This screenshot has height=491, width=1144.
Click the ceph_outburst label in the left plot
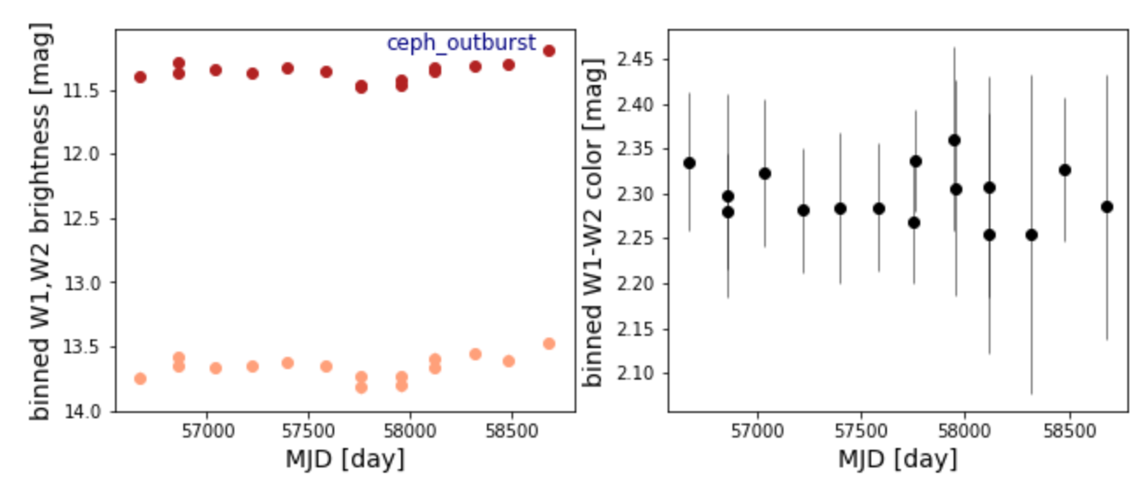[x=461, y=43]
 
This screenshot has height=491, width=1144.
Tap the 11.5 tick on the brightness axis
[x=91, y=90]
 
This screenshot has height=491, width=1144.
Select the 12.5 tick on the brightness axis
[x=91, y=218]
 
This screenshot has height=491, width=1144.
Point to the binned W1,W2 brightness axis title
[x=40, y=220]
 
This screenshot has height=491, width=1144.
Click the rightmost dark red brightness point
[x=549, y=51]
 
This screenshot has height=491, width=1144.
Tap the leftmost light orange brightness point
[x=140, y=379]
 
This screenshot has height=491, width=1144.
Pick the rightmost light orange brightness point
[x=549, y=344]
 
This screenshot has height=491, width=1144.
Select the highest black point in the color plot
[x=955, y=140]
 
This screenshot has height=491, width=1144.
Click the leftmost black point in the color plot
[x=690, y=163]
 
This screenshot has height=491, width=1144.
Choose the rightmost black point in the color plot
[x=1107, y=207]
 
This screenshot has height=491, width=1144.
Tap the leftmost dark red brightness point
[x=140, y=77]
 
